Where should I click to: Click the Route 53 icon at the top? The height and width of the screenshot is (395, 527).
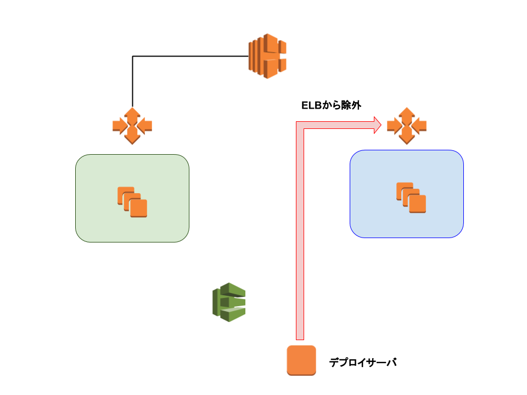[x=267, y=56]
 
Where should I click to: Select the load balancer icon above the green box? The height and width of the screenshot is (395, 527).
[x=132, y=126]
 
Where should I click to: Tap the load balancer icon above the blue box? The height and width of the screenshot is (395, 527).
[x=407, y=126]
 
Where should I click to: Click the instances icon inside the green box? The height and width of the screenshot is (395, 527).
[x=132, y=202]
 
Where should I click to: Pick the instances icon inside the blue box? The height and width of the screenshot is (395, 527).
[x=411, y=198]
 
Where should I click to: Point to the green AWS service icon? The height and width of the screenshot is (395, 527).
[x=229, y=302]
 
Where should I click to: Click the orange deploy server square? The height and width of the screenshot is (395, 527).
[x=301, y=360]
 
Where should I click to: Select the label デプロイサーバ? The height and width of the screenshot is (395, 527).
[x=363, y=363]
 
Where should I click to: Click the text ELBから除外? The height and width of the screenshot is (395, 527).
[x=331, y=105]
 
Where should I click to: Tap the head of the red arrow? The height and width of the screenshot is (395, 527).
[x=378, y=125]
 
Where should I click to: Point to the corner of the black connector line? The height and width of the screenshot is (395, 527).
[x=132, y=56]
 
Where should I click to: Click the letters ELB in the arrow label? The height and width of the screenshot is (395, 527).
[x=312, y=105]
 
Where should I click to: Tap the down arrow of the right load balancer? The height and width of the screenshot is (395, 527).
[x=407, y=137]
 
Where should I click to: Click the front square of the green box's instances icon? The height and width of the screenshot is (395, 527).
[x=138, y=208]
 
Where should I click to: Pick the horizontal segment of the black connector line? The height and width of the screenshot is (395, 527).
[x=190, y=56]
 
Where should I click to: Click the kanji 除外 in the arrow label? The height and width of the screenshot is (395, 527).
[x=351, y=105]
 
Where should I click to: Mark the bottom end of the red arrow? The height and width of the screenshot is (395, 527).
[x=300, y=340]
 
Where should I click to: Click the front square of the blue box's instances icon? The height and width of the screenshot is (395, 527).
[x=417, y=204]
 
